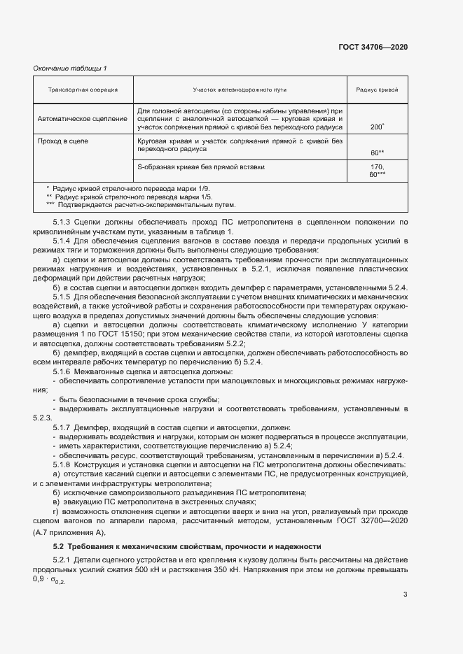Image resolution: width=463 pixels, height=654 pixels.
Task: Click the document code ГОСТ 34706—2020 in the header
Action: pos(372,47)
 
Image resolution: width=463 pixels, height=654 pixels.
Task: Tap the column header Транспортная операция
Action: pos(83,90)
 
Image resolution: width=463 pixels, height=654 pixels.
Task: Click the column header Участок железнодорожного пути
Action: pos(240,90)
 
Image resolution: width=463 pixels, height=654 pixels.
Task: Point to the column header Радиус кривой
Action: pos(377,90)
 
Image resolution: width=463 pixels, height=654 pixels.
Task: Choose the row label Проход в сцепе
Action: pos(63,141)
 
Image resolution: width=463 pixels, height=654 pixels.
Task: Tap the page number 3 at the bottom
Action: pos(405,595)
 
